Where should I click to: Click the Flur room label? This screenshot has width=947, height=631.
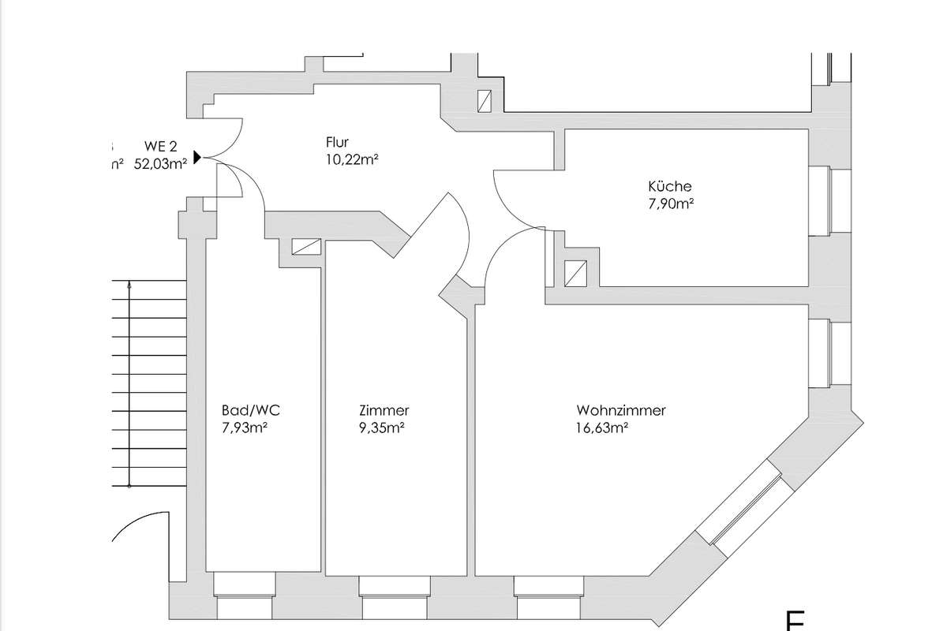337,143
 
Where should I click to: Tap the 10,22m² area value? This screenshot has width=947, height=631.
351,159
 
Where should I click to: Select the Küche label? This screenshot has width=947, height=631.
670,187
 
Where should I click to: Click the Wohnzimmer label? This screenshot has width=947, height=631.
621,411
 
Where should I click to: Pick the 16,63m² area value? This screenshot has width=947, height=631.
602,428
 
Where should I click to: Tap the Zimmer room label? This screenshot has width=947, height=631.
384,411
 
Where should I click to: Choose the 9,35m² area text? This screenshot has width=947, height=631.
381,428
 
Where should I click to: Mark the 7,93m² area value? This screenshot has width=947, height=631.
246,428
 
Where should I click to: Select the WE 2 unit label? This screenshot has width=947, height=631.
160,146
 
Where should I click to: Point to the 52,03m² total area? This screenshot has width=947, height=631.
161,163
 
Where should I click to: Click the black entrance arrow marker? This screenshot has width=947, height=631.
197,158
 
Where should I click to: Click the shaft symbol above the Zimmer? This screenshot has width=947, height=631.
306,246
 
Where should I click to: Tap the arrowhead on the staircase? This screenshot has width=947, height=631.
129,287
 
